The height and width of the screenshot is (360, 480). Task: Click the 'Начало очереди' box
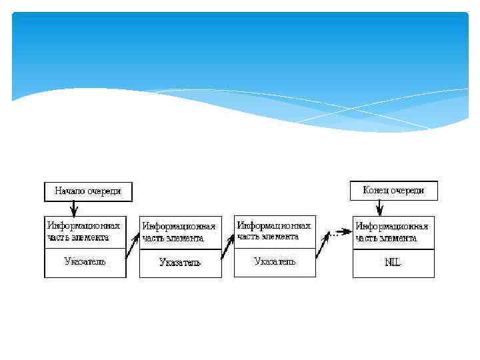88,191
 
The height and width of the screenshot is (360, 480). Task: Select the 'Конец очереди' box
393,191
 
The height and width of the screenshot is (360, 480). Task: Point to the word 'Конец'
376,191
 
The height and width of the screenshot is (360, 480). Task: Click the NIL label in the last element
393,262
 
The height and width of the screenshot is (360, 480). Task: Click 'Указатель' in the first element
85,261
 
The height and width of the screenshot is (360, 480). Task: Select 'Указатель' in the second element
179,262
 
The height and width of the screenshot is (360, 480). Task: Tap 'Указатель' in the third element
275,261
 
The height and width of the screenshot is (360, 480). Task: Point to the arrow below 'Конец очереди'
379,207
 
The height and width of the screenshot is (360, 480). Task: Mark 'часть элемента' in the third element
268,237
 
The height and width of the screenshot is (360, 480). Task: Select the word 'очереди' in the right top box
408,191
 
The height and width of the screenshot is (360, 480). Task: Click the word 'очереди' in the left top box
104,191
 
